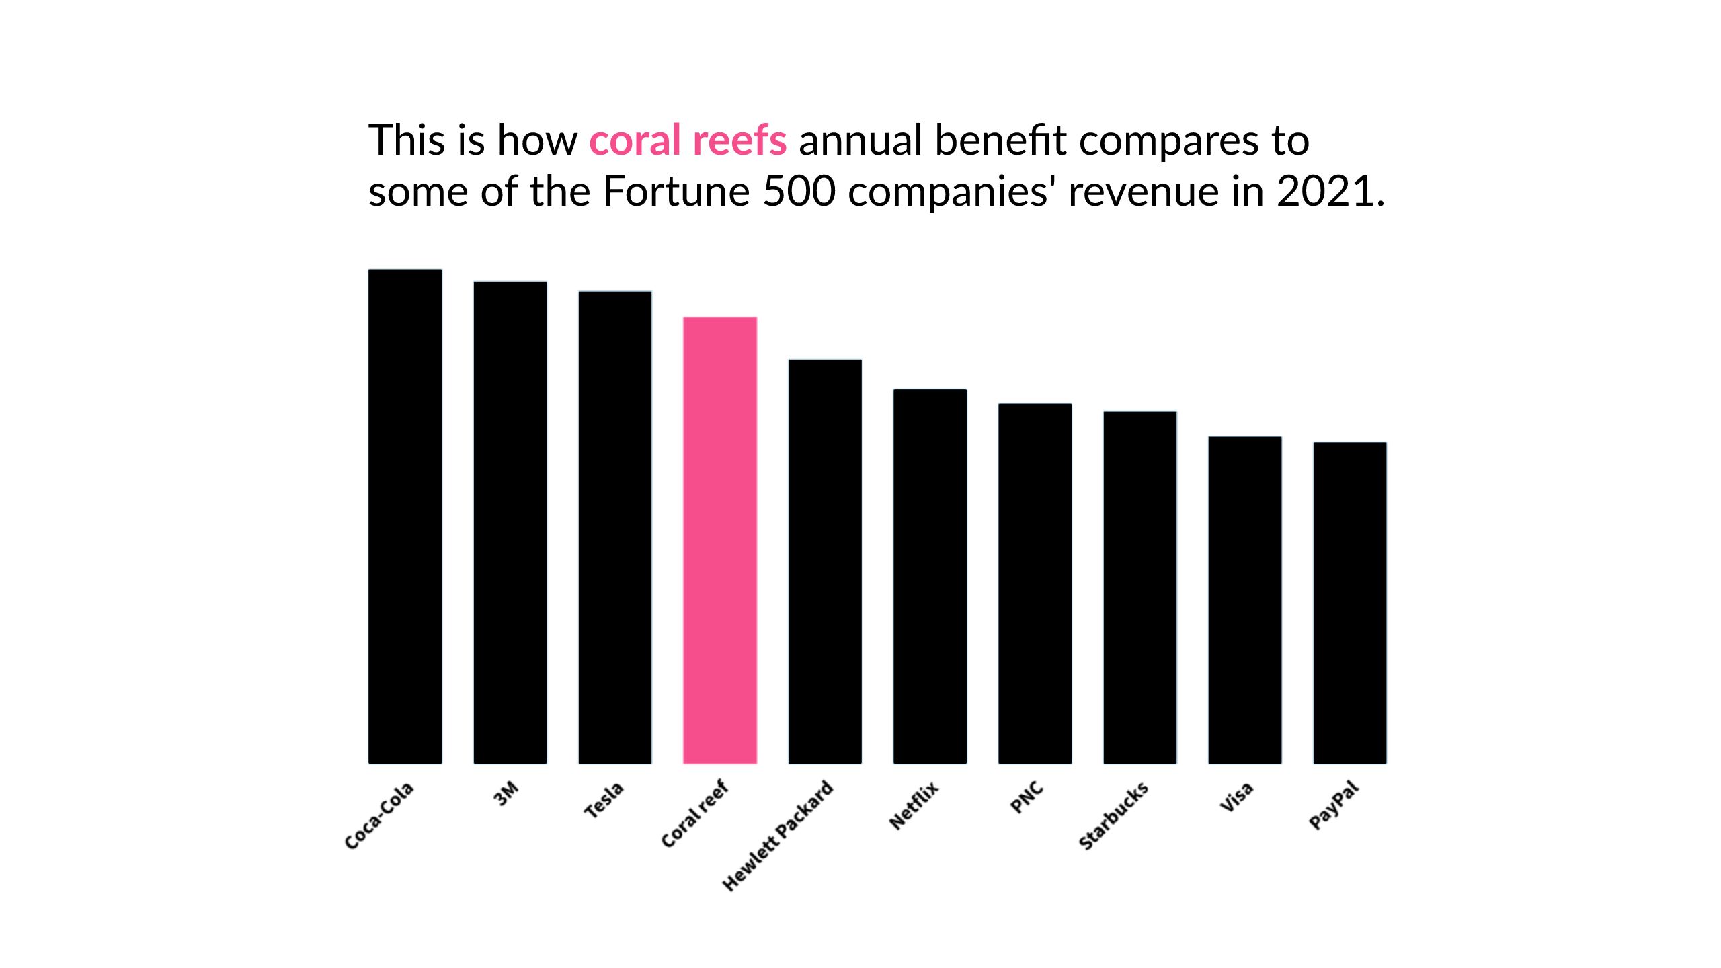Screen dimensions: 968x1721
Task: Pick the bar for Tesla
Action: pos(614,527)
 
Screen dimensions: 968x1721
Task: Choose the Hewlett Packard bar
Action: pos(825,561)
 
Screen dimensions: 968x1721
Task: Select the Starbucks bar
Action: pos(1139,588)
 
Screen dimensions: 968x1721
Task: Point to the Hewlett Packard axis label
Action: pos(778,836)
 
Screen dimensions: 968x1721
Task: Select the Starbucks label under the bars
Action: pos(1113,816)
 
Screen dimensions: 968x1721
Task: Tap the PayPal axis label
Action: pos(1334,805)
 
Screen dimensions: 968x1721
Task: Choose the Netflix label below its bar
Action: pos(914,805)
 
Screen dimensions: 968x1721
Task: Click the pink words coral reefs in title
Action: pos(688,140)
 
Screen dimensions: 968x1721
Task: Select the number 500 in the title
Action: pos(799,192)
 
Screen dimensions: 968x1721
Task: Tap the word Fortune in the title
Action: pos(676,192)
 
